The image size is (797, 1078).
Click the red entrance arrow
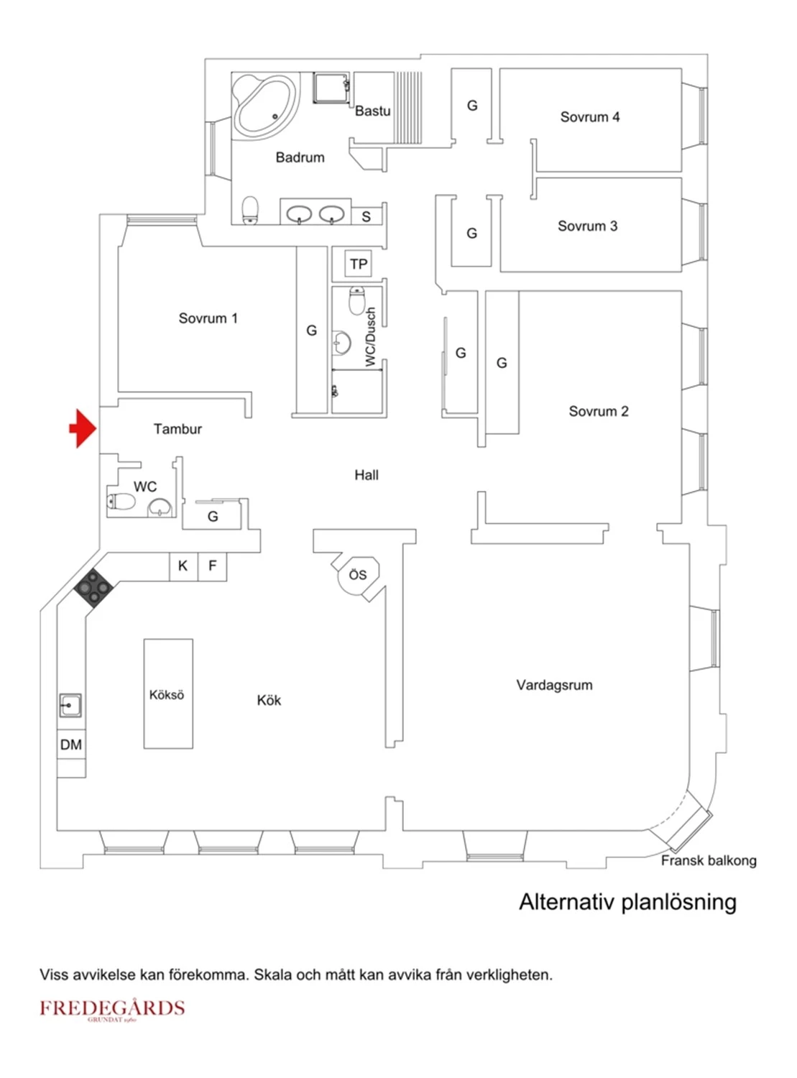click(x=83, y=428)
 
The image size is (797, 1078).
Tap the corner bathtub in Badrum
click(x=264, y=107)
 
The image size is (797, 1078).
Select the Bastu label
click(x=372, y=111)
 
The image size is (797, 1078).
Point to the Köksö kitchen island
click(x=167, y=694)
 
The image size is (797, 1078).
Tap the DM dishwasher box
click(x=70, y=745)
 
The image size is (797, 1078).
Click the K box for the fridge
click(x=183, y=566)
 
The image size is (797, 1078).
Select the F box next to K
click(x=212, y=566)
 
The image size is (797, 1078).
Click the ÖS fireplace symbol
click(x=358, y=575)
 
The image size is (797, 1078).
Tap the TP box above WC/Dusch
click(x=358, y=264)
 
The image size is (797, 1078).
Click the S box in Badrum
click(x=367, y=216)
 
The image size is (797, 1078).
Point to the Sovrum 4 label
click(x=589, y=116)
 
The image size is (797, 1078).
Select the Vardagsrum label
click(x=554, y=685)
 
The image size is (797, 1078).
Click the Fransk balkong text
click(x=708, y=860)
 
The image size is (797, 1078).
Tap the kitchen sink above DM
click(x=70, y=705)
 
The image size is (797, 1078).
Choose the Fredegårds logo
click(x=112, y=1008)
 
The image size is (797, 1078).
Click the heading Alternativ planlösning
click(x=627, y=902)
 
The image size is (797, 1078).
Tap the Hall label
click(x=366, y=474)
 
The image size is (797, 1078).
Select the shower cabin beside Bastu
click(x=331, y=88)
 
